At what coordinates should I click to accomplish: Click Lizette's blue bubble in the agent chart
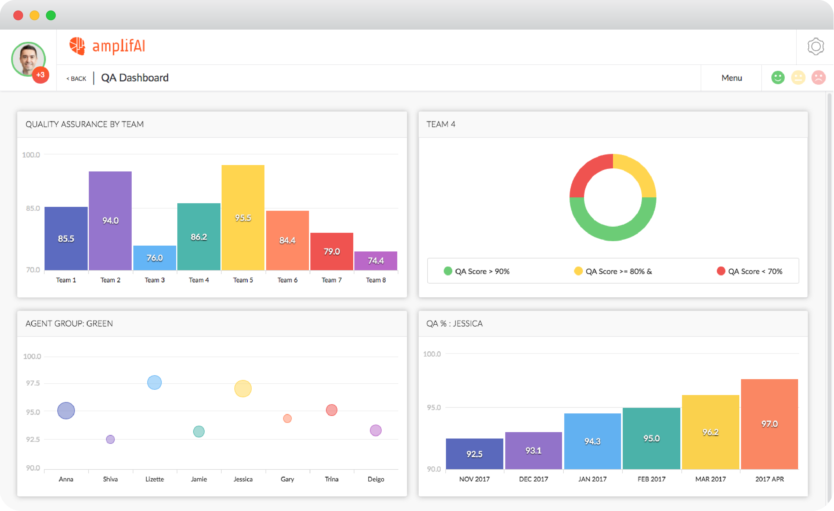point(154,382)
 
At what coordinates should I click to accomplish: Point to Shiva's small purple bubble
point(110,439)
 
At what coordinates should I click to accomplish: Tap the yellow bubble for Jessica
point(243,388)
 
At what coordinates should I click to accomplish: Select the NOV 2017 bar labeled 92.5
point(474,454)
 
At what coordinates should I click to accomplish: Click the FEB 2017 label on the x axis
point(651,479)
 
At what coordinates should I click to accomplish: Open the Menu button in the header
point(732,78)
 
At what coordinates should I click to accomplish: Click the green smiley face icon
point(777,78)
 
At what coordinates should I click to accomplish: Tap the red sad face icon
point(818,78)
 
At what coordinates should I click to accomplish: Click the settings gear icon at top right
point(815,47)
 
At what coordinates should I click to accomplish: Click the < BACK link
point(77,79)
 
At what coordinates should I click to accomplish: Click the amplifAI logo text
point(119,47)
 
